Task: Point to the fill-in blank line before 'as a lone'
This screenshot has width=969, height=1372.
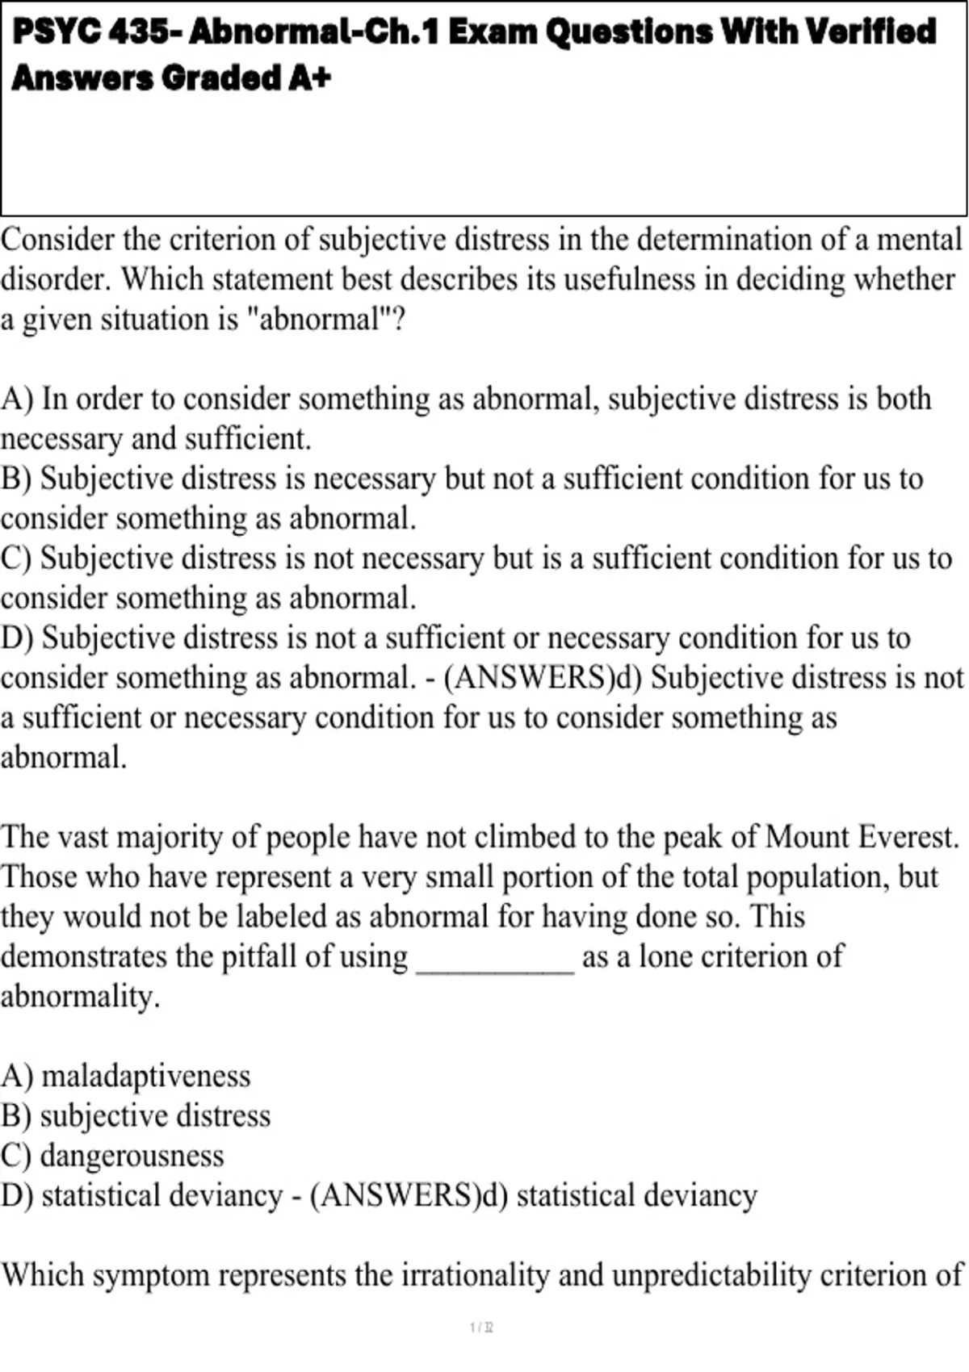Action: [x=494, y=964]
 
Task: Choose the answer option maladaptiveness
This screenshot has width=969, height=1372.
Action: [x=146, y=1076]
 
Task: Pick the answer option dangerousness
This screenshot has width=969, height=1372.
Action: [x=132, y=1156]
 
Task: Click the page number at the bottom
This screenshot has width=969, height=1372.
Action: [x=482, y=1328]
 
